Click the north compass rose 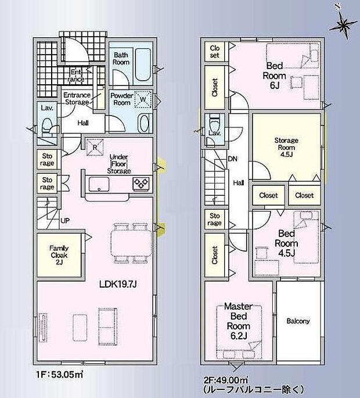click(343, 24)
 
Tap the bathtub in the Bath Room click(143, 64)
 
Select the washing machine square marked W click(143, 99)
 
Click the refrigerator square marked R click(95, 147)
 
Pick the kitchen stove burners click(141, 183)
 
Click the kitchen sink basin click(99, 184)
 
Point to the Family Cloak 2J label click(59, 255)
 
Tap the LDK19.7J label click(118, 284)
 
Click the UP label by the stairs click(65, 221)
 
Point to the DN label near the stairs click(232, 159)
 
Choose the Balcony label click(298, 321)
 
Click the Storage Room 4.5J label click(286, 147)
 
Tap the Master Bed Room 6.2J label click(239, 321)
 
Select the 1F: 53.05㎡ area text click(60, 374)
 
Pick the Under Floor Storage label click(119, 164)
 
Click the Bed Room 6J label click(274, 76)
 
